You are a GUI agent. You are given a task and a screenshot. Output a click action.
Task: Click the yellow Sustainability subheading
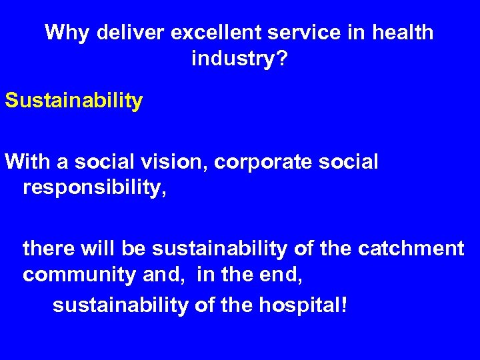73,101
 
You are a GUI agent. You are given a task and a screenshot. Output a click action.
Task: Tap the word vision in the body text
170,161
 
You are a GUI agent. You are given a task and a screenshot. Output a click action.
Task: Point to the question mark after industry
283,59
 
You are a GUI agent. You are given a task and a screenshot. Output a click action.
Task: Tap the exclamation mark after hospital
344,305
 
